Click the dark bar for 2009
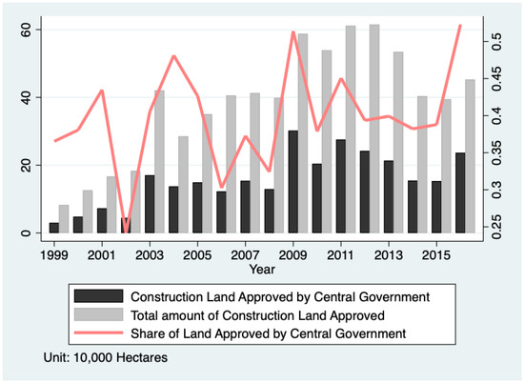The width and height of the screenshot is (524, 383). pos(292,182)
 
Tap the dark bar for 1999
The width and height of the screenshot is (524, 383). pos(54,228)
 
